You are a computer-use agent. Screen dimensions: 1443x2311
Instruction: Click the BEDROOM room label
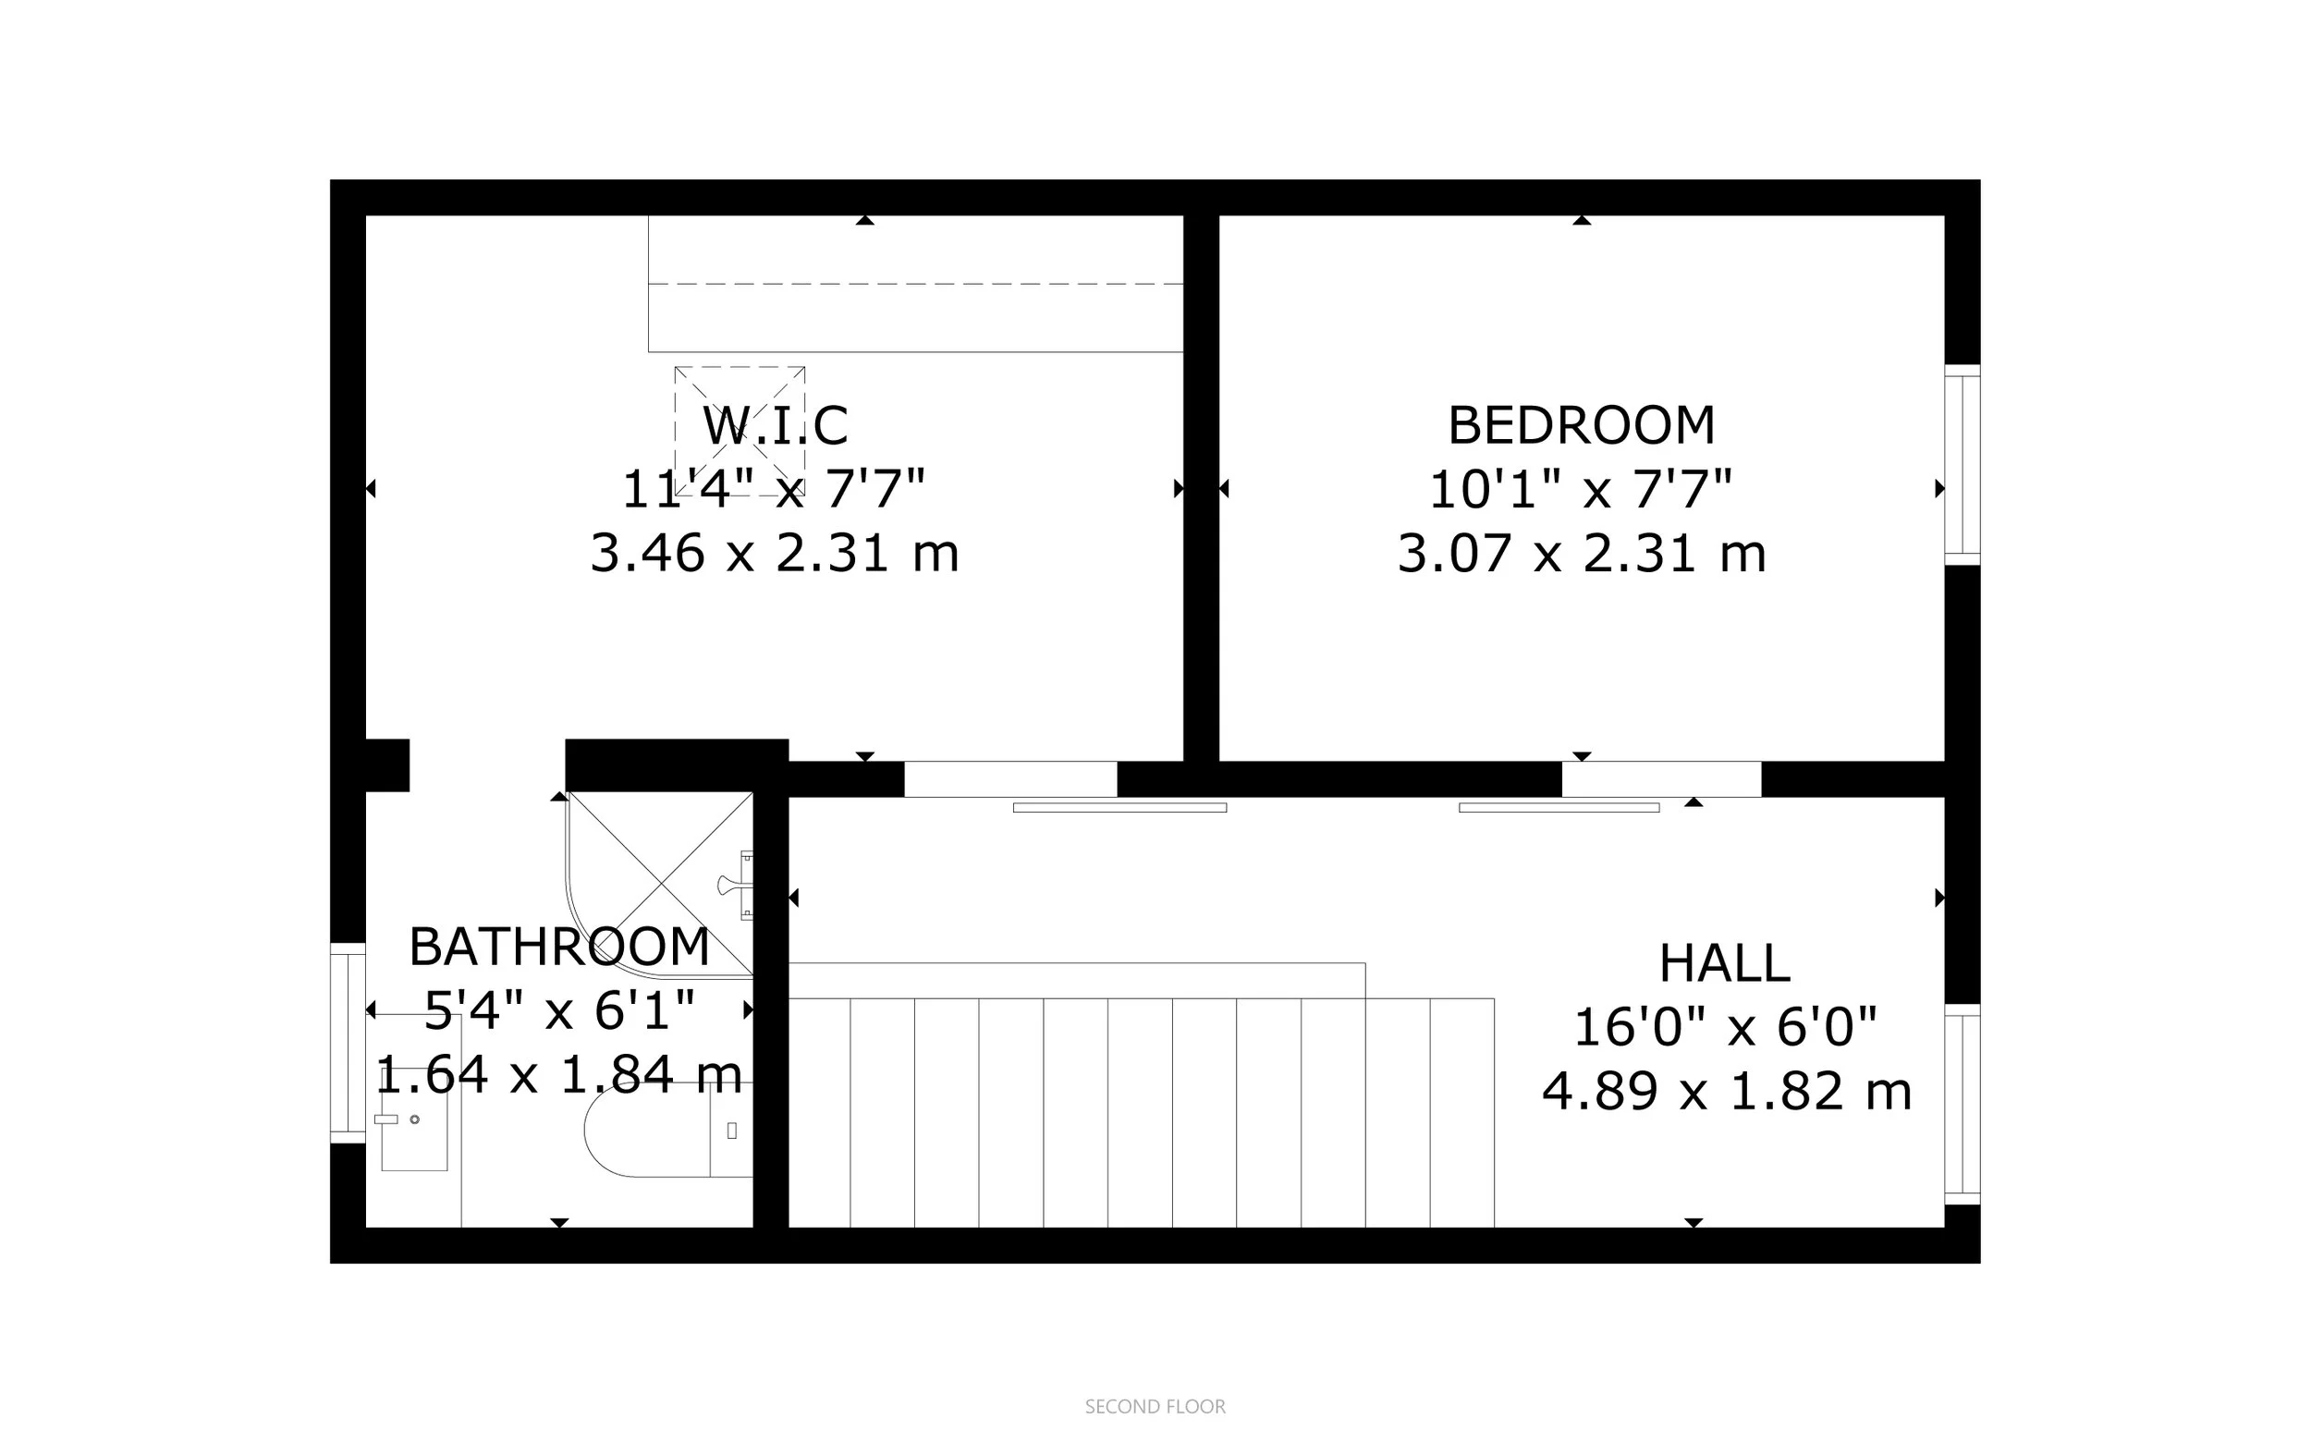click(x=1581, y=425)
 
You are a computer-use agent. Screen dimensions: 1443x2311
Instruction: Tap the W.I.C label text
click(x=775, y=425)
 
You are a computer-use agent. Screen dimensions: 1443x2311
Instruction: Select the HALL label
click(x=1724, y=964)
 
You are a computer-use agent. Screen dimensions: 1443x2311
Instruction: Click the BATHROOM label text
click(x=559, y=948)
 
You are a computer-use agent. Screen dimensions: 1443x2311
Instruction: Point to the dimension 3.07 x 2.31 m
click(x=1581, y=554)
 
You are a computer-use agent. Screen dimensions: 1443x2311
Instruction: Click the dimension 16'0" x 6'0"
click(x=1724, y=1028)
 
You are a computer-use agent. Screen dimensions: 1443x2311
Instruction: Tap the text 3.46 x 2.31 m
click(x=775, y=554)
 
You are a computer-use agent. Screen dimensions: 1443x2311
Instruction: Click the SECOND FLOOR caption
click(x=1155, y=1407)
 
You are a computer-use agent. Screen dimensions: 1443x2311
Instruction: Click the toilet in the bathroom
click(x=658, y=1130)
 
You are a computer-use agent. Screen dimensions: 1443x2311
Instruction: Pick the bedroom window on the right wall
click(x=1962, y=465)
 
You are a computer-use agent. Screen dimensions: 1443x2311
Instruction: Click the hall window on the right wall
click(x=1962, y=1104)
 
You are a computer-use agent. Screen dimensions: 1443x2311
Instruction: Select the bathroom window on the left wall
click(x=348, y=1042)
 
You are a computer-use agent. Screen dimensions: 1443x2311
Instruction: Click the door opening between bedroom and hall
click(x=1660, y=778)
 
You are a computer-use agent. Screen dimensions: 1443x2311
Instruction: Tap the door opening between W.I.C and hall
click(x=1009, y=778)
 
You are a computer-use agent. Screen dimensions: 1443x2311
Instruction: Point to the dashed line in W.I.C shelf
click(x=916, y=285)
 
